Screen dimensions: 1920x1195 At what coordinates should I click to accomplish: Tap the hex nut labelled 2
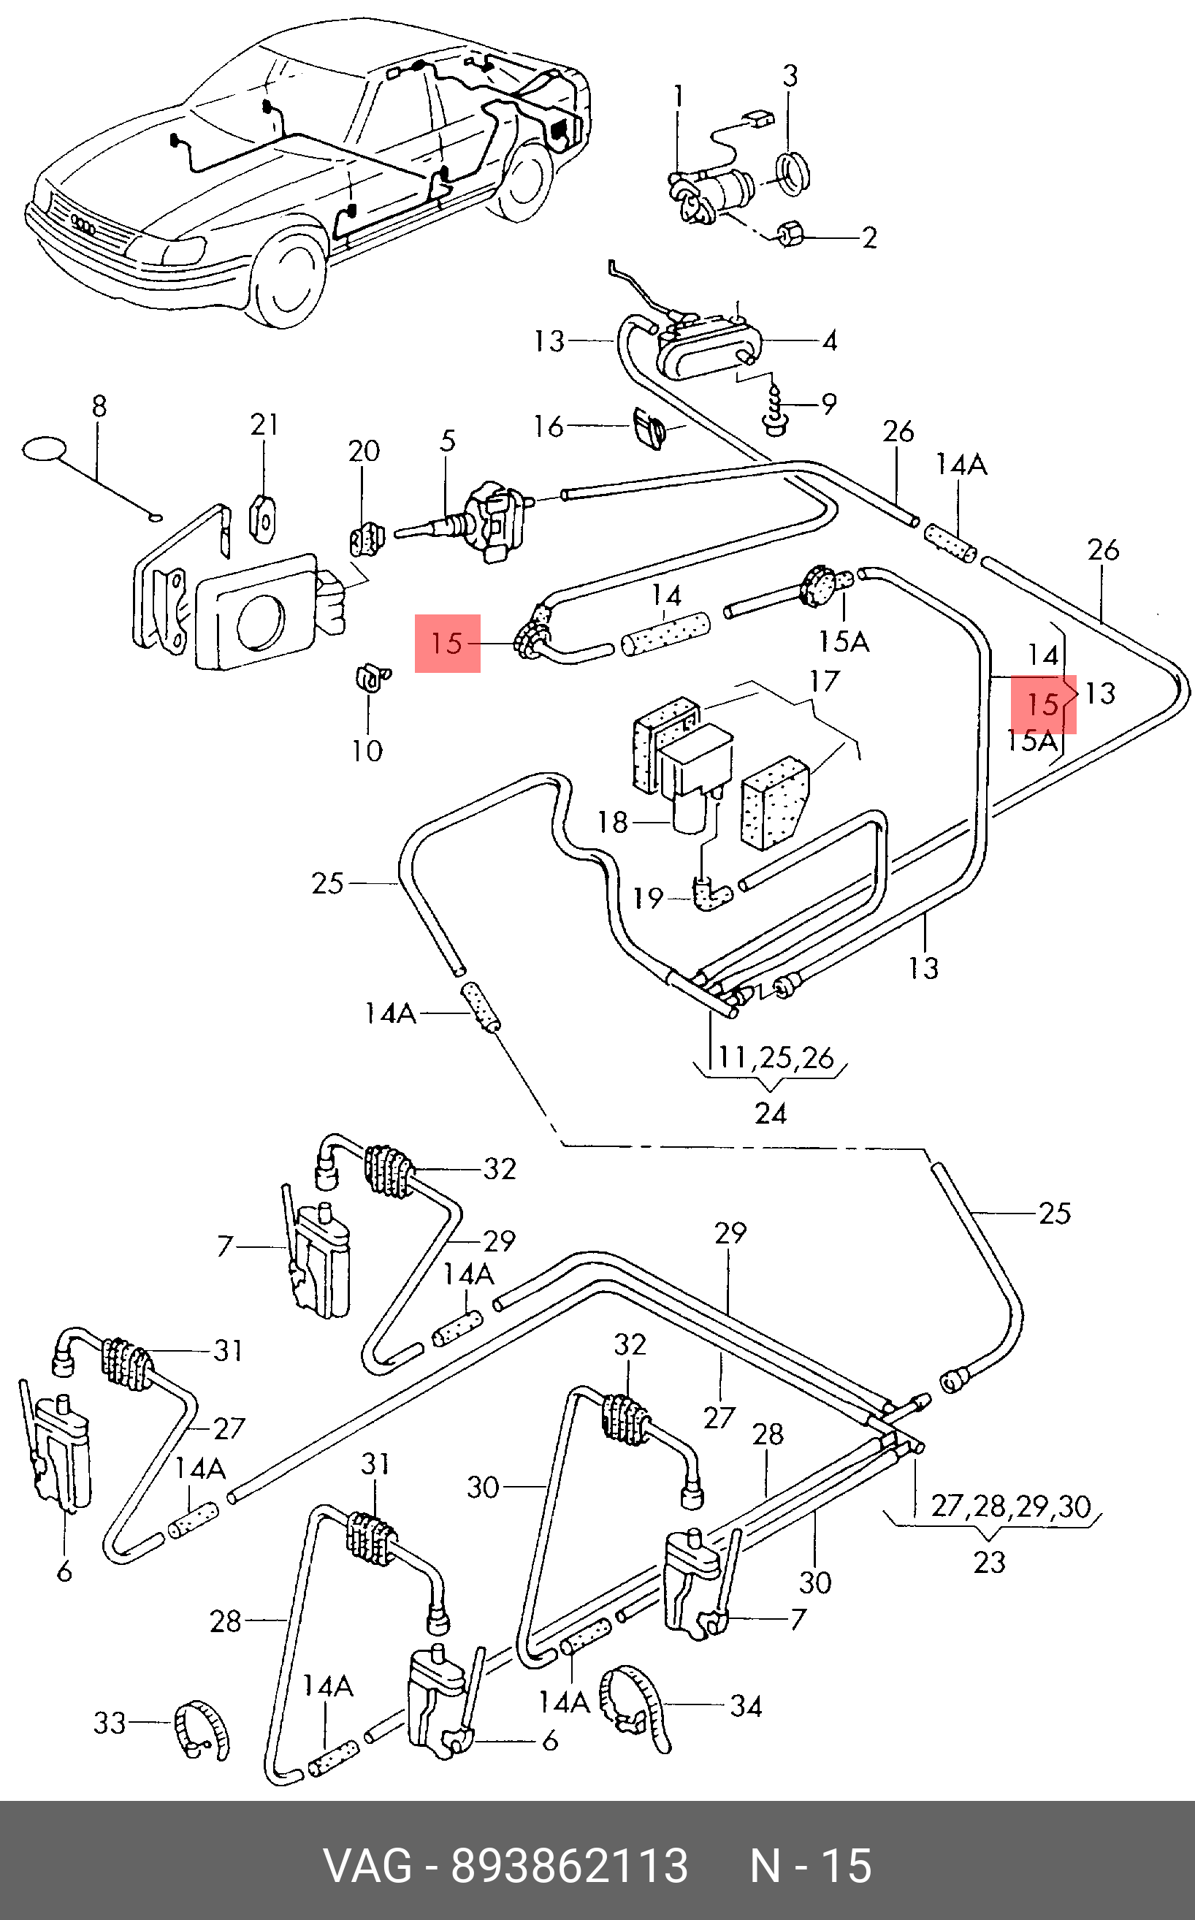[790, 234]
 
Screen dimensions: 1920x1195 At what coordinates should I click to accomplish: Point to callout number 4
[829, 340]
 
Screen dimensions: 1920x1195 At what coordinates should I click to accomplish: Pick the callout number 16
[548, 427]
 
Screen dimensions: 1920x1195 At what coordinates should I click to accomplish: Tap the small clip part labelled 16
[649, 427]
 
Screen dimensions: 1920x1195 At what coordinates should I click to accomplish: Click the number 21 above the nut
[264, 425]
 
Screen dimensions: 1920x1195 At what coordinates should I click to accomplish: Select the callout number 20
[364, 452]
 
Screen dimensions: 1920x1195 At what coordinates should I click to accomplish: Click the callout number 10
[367, 750]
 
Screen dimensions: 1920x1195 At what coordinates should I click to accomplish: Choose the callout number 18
[613, 822]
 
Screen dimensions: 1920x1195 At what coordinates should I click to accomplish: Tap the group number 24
[771, 1113]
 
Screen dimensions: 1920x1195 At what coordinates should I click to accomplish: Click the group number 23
[990, 1562]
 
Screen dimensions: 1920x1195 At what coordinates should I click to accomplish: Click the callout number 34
[745, 1707]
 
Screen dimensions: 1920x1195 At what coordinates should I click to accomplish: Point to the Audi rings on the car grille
[83, 224]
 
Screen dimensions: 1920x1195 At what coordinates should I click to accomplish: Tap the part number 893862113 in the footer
[569, 1866]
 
